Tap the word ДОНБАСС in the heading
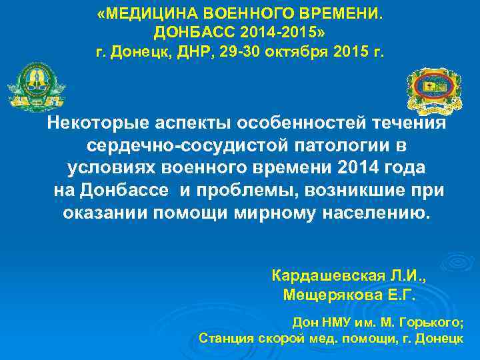189,32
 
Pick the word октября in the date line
298,51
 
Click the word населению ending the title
378,213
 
